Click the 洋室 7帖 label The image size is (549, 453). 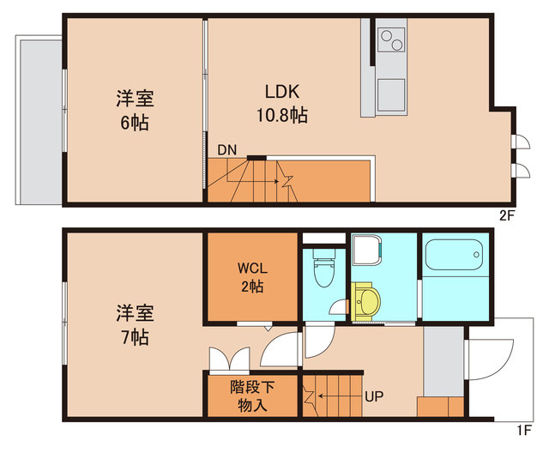tap(135, 323)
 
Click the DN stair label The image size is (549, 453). tap(226, 150)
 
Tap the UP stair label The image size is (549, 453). tap(375, 397)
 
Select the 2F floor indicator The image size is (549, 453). tap(506, 214)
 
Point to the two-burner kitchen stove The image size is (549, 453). tap(391, 40)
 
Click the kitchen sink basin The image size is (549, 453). tap(391, 93)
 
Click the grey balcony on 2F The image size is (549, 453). tap(39, 119)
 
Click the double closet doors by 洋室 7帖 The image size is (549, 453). tap(228, 357)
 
